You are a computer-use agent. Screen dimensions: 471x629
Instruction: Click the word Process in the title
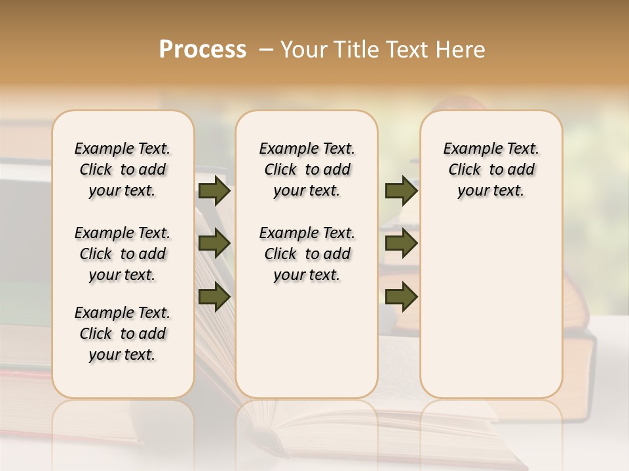point(202,50)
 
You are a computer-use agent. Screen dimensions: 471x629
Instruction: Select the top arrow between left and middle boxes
point(214,190)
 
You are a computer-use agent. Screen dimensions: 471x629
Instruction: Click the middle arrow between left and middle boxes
point(214,243)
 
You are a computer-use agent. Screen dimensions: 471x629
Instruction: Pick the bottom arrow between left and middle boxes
point(214,297)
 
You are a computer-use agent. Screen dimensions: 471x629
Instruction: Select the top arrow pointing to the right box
point(401,190)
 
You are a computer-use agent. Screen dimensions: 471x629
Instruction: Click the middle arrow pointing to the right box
point(401,243)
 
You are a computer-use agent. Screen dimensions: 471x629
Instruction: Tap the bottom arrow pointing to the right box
point(401,297)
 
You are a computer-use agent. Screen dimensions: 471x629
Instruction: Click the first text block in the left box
point(123,169)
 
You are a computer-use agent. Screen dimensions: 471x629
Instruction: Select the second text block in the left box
point(123,254)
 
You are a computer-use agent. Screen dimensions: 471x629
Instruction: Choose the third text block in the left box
point(123,334)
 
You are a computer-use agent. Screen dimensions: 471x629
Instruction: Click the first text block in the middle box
point(307,169)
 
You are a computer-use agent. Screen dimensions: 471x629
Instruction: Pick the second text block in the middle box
point(307,254)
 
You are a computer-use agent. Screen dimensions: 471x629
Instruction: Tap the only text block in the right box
point(491,169)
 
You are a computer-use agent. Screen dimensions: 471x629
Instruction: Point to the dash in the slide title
point(266,50)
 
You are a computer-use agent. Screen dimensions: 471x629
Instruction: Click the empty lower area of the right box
point(491,314)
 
